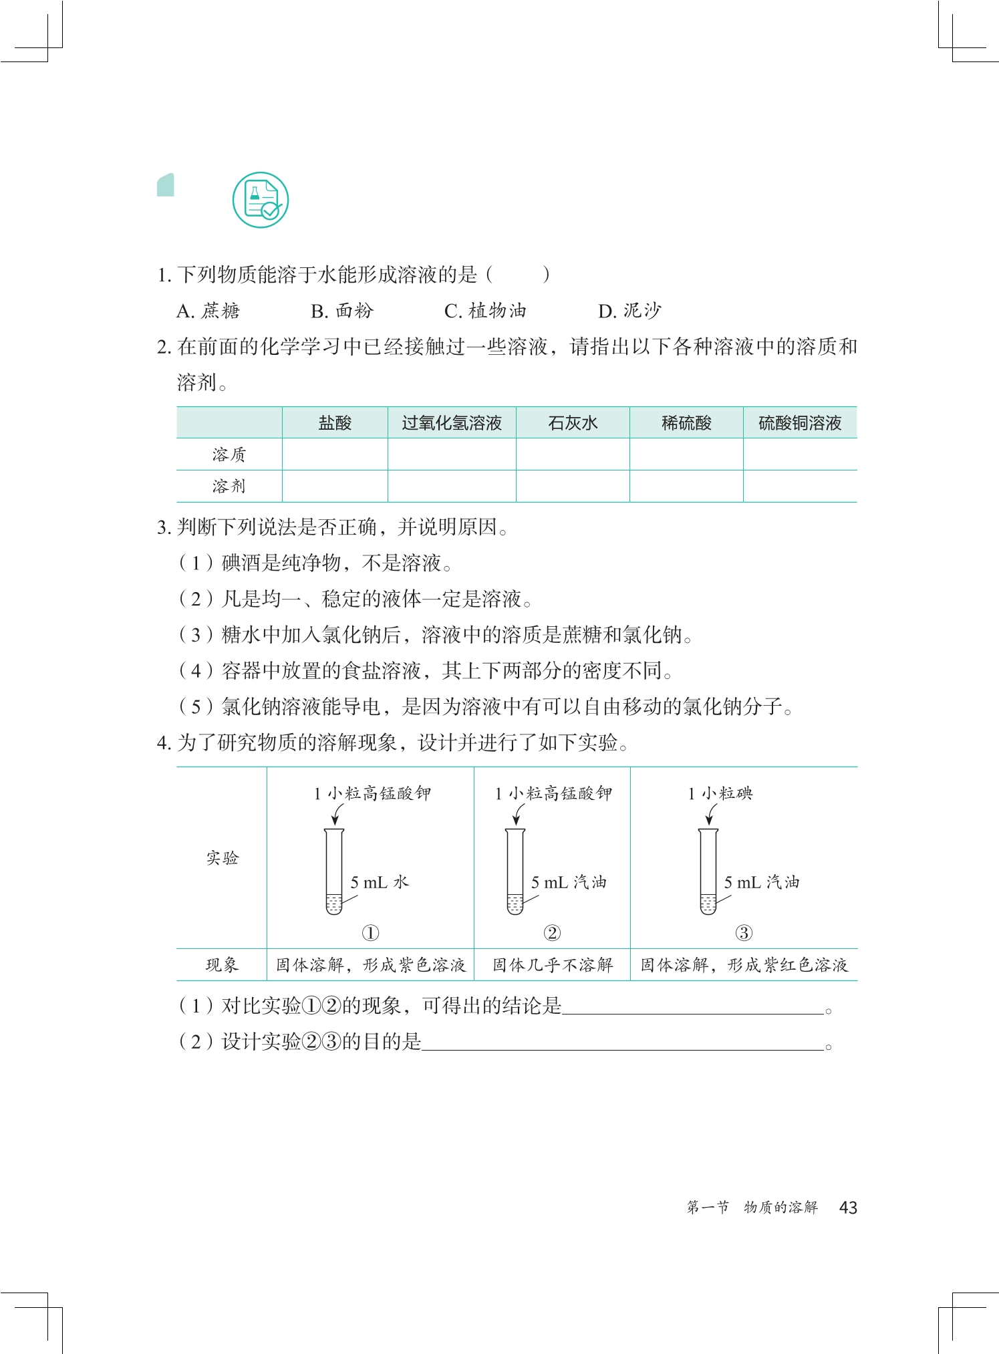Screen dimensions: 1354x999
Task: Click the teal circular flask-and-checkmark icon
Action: click(x=260, y=200)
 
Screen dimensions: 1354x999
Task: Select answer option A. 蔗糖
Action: click(x=208, y=311)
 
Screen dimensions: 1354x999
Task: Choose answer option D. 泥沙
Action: click(x=629, y=311)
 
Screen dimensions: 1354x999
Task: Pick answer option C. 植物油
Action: click(x=485, y=311)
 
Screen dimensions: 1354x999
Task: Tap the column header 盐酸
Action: click(x=335, y=423)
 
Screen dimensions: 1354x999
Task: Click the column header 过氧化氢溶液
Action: click(x=452, y=423)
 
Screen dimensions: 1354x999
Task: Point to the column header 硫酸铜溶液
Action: click(x=800, y=423)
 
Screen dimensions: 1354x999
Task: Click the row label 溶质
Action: click(x=229, y=454)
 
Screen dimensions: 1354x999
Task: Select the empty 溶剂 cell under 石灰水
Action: click(x=573, y=486)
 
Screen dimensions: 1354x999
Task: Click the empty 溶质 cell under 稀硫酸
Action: click(x=686, y=454)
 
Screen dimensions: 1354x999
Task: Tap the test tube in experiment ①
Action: click(x=334, y=871)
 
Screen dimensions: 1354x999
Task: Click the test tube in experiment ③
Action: click(x=708, y=871)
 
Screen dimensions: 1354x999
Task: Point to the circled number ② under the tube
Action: click(x=552, y=932)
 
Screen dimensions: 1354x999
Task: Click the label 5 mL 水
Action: click(x=379, y=882)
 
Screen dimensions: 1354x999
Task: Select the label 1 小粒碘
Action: click(x=720, y=793)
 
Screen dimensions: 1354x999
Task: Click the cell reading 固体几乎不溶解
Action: click(x=552, y=965)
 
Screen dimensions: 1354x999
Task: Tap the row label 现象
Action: click(x=222, y=965)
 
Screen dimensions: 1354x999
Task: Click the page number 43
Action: click(x=848, y=1208)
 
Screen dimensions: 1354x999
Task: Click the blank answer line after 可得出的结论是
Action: click(x=692, y=1008)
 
